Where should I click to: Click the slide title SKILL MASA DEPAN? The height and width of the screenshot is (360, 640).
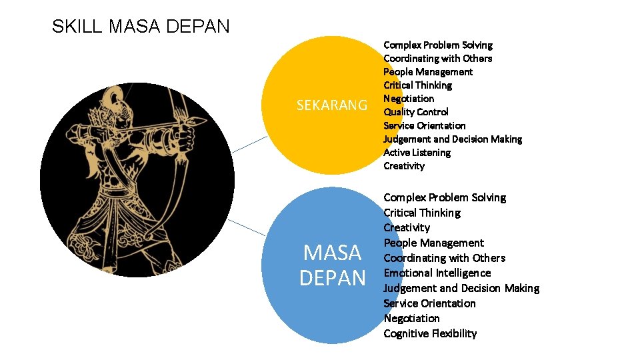(x=141, y=27)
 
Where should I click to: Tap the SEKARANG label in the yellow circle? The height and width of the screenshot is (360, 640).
(x=331, y=105)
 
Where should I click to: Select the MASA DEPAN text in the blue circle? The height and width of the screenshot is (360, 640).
(x=332, y=265)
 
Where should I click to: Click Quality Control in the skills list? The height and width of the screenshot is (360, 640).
(x=415, y=112)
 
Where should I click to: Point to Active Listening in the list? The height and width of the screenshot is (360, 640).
(x=417, y=153)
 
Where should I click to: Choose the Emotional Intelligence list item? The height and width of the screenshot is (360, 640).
(x=437, y=273)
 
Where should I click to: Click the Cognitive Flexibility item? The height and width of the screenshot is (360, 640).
(x=430, y=333)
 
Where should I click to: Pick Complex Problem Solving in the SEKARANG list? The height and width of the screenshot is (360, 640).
(x=437, y=45)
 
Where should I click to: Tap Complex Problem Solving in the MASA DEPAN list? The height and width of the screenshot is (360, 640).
(x=444, y=198)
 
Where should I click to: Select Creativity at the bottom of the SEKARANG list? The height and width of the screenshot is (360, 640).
(x=403, y=166)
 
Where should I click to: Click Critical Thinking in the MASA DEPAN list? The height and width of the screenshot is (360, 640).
(x=421, y=213)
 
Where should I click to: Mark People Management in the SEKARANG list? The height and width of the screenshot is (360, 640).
(x=427, y=72)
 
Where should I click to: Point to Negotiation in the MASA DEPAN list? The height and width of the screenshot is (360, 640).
(x=411, y=319)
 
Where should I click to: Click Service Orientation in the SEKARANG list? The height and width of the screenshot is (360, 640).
(x=424, y=125)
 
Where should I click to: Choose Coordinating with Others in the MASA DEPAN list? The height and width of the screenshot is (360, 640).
(x=444, y=258)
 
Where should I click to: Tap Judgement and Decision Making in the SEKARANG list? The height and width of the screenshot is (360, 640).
(x=452, y=139)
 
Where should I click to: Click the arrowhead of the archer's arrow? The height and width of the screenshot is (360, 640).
(x=200, y=121)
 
